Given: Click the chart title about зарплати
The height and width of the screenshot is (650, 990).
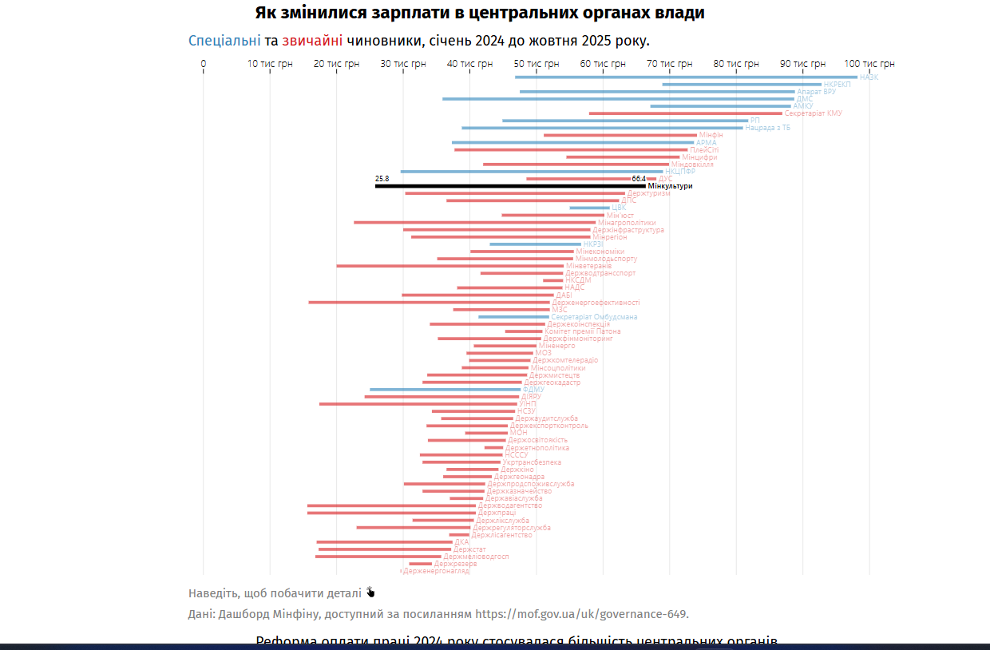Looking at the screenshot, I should click(480, 13).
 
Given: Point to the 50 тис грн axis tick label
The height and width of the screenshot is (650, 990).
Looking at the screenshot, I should click(536, 64).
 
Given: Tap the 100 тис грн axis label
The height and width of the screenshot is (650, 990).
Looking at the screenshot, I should click(869, 64).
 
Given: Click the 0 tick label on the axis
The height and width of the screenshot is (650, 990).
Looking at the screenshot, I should click(204, 64).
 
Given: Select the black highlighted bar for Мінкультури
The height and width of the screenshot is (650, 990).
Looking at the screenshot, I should click(510, 186).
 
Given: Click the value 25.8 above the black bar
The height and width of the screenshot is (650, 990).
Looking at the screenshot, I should click(382, 179).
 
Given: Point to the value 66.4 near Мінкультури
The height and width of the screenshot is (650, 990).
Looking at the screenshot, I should click(639, 179).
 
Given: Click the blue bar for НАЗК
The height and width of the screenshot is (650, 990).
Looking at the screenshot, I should click(686, 77).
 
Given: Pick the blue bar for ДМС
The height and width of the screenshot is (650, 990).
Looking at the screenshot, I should click(618, 99).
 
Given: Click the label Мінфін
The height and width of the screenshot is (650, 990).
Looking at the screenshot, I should click(711, 135).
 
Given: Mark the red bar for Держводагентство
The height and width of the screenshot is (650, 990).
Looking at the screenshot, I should click(391, 505).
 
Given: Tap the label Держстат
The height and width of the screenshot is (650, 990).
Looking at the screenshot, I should click(469, 549).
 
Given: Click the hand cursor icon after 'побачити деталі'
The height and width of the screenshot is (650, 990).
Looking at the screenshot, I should click(370, 593).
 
